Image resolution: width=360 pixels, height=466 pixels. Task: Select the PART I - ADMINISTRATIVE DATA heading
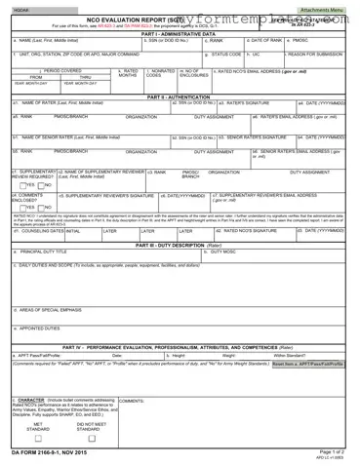point(180,34)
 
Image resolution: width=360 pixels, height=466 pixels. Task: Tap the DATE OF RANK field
point(267,46)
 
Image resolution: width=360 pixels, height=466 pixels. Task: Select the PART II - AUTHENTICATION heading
point(180,97)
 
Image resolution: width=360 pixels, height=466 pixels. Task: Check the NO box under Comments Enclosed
point(40,208)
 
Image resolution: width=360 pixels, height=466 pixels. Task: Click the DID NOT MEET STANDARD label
point(92,427)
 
